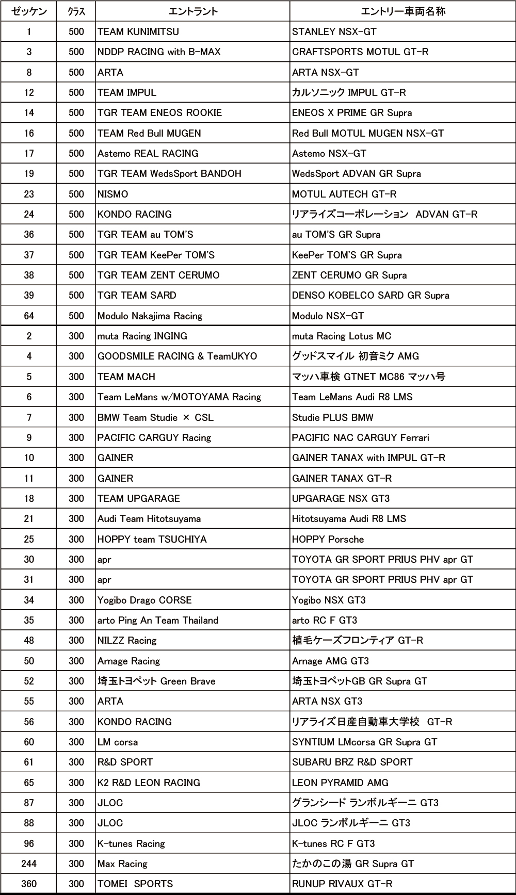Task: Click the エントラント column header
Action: pos(192,11)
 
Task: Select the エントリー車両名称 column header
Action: pos(403,11)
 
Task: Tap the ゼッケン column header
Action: pos(29,11)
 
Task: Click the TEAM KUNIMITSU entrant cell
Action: pos(138,31)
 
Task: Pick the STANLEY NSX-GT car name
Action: pos(334,31)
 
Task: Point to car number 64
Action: pos(29,316)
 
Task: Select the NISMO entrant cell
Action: pos(113,194)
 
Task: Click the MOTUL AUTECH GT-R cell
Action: pos(344,194)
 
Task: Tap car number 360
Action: pos(29,884)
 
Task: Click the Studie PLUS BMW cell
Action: pos(333,417)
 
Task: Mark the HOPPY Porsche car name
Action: pos(328,539)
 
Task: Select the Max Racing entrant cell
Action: pos(122,864)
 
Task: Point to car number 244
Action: pos(29,864)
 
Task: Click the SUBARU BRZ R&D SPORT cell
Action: pos(352,762)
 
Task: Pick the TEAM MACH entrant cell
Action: pos(126,377)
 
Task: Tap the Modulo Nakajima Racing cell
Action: pos(150,316)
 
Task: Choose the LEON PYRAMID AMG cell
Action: pos(341,783)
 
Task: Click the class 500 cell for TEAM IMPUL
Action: pos(76,92)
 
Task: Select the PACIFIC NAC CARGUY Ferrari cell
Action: pos(361,437)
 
